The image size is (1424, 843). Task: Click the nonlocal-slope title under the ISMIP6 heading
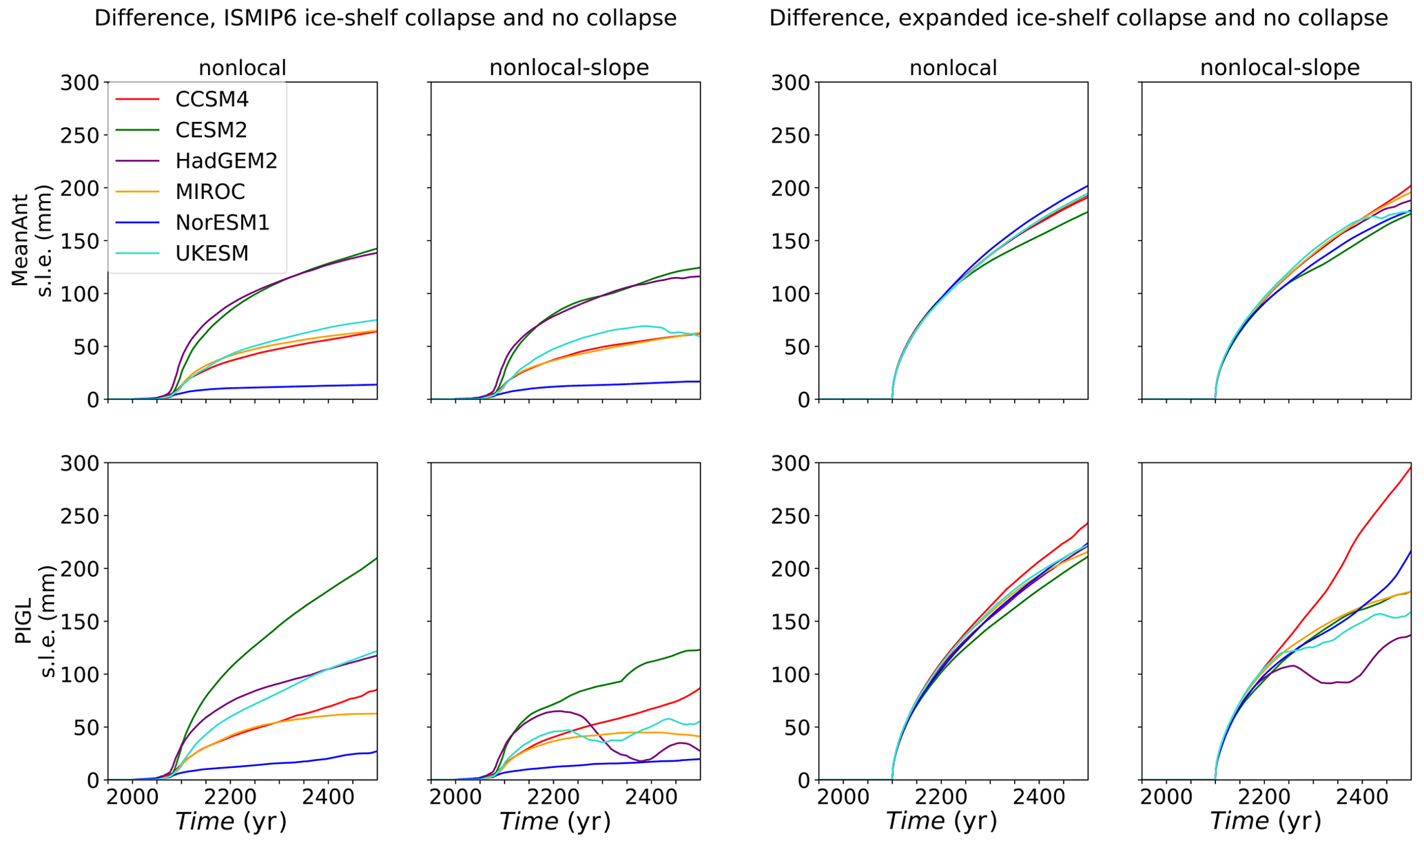point(568,67)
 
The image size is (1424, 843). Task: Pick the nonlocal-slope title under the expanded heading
point(1279,67)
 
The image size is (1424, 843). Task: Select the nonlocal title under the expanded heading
point(953,67)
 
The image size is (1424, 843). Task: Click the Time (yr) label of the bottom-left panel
point(230,822)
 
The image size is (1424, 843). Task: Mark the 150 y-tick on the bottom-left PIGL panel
point(80,621)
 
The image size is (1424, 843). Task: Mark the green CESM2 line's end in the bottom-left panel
point(376,559)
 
